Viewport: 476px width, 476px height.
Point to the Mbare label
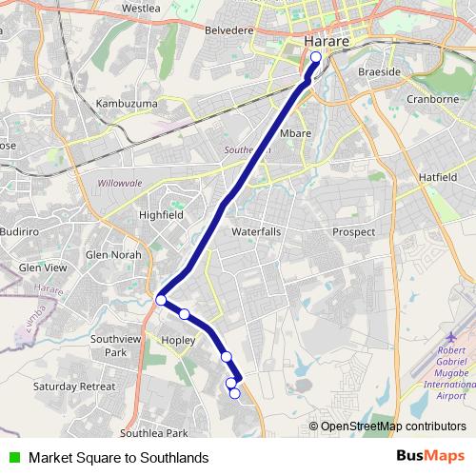(x=295, y=133)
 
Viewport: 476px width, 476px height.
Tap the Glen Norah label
(x=113, y=254)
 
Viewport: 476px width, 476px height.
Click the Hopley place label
(x=178, y=339)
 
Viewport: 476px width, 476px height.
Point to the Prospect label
(x=353, y=231)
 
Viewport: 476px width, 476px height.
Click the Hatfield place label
(x=439, y=177)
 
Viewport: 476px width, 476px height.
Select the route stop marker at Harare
(x=316, y=56)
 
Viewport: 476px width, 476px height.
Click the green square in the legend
(x=13, y=457)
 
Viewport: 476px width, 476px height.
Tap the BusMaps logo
(x=430, y=456)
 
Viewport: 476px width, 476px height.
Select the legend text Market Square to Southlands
(x=118, y=457)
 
